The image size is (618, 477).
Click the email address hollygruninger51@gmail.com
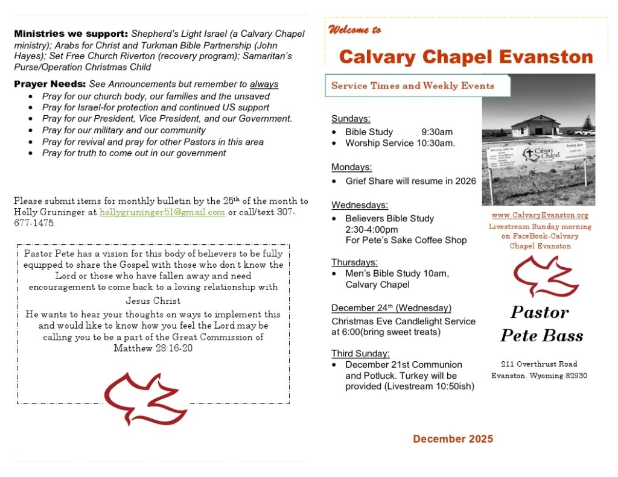point(162,212)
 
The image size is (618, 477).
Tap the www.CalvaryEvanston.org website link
point(540,215)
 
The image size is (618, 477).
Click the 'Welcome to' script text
point(354,30)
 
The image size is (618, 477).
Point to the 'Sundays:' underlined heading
point(351,118)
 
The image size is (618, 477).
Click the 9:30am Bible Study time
point(437,131)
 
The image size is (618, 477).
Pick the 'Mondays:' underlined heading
point(352,167)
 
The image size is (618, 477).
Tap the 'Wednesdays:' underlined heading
point(360,205)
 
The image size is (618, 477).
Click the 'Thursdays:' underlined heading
point(355,262)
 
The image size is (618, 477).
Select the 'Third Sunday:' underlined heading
point(360,353)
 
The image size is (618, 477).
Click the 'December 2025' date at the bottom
point(453,438)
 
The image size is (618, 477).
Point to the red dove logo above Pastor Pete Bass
point(542,277)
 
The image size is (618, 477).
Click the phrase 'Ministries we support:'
point(71,34)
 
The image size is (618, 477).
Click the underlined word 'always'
point(264,84)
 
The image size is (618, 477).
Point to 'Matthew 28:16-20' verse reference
point(153,348)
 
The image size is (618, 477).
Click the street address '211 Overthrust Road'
point(539,364)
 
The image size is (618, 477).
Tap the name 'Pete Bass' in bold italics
point(541,335)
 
